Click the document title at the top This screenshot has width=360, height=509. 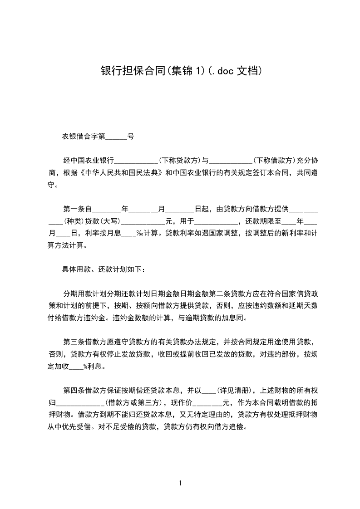(x=180, y=71)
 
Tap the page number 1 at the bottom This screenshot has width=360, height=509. (x=180, y=483)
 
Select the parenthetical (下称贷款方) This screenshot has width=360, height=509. (x=180, y=160)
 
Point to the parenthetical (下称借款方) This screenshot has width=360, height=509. (x=274, y=160)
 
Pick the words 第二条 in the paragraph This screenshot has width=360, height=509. (x=229, y=294)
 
